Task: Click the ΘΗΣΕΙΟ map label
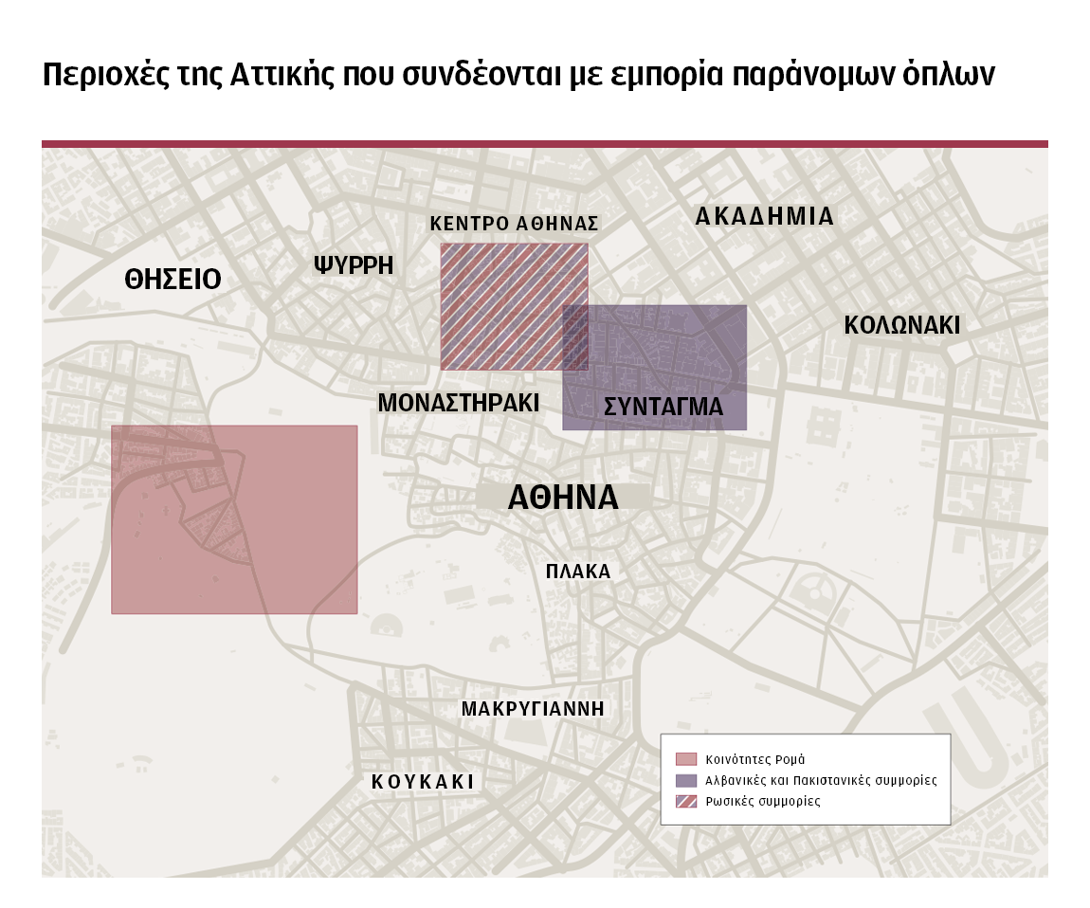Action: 173,280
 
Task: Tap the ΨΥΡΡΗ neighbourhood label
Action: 354,265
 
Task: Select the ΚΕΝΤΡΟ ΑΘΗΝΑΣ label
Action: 514,225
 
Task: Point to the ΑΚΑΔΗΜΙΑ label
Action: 764,217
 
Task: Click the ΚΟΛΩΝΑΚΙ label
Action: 901,326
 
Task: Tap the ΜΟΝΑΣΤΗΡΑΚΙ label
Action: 458,404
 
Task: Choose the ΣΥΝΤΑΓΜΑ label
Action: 663,408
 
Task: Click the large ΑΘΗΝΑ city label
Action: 563,499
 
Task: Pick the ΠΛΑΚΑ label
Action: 578,572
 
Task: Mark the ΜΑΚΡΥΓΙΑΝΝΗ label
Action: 533,709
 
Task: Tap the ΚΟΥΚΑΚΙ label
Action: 423,782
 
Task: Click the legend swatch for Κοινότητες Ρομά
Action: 685,759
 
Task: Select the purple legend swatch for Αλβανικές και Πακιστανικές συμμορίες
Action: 685,780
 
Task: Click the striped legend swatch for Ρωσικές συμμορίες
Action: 685,801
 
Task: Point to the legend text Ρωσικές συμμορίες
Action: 762,801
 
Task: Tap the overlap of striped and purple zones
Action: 575,337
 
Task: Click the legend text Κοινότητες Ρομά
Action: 754,759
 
